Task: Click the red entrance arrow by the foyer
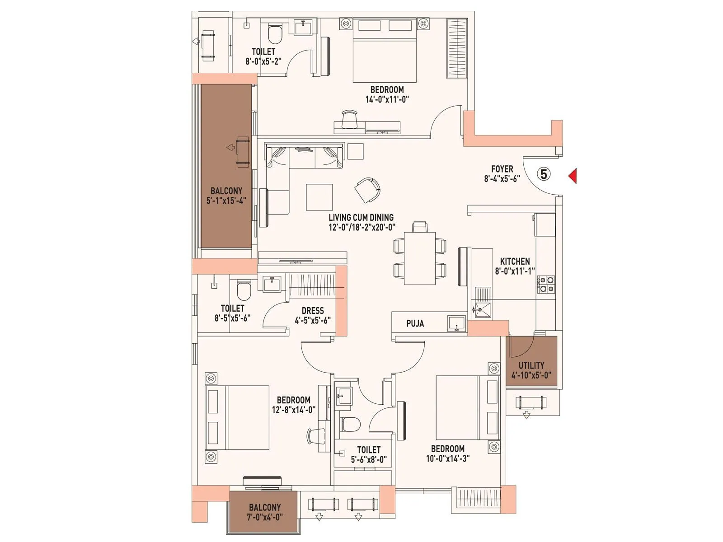pos(573,176)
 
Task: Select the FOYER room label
pos(502,169)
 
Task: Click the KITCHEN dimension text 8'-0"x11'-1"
pos(515,271)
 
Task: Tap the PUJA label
pos(415,323)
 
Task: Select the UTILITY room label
pos(531,365)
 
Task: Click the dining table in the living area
pos(420,258)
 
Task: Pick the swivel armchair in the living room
pos(368,190)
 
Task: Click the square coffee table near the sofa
pos(319,197)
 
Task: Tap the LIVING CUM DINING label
pos(361,218)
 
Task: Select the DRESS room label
pos(313,311)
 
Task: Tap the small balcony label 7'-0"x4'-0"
pos(264,517)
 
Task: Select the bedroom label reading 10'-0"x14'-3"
pos(447,458)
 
